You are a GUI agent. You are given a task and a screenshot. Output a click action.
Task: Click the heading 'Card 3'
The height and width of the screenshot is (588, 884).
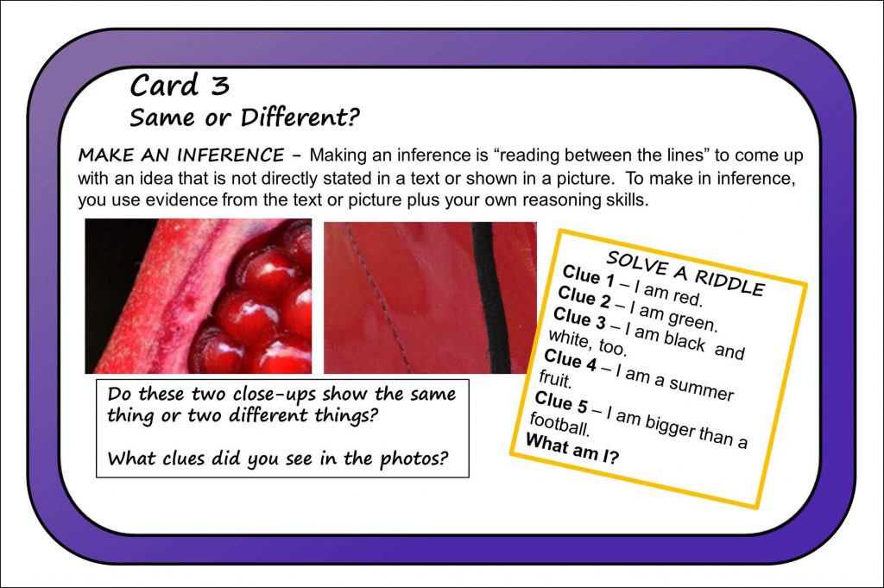coord(180,85)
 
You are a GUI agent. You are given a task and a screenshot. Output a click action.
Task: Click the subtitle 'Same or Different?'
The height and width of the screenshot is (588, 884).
coord(244,117)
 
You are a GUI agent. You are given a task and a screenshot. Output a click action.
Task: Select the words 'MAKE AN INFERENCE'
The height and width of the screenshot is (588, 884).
coord(180,156)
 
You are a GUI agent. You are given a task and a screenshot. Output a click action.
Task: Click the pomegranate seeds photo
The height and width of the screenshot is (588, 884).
coord(199,296)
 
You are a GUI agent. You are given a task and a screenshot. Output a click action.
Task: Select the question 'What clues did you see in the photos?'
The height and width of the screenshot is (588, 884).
coord(277,458)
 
